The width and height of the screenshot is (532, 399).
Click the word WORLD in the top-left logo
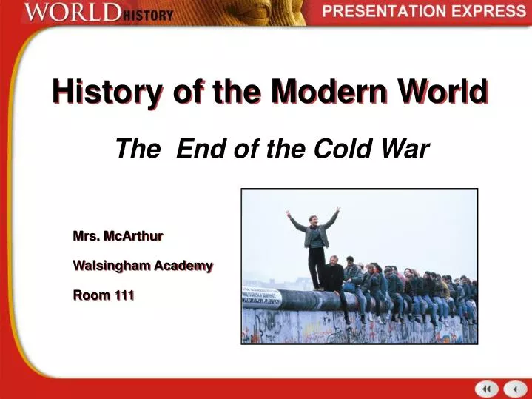pyautogui.click(x=72, y=13)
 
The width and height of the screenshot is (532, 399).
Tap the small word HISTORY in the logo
pyautogui.click(x=148, y=15)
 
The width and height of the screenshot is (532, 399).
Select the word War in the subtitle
pyautogui.click(x=406, y=150)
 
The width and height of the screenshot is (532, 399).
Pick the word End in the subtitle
pyautogui.click(x=200, y=150)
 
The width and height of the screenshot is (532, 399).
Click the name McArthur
pyautogui.click(x=134, y=236)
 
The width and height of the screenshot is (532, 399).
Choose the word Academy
pyautogui.click(x=183, y=265)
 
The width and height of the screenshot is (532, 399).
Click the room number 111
pyautogui.click(x=124, y=295)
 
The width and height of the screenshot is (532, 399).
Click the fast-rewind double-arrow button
pyautogui.click(x=487, y=389)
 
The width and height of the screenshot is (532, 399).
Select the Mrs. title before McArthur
pyautogui.click(x=86, y=236)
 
